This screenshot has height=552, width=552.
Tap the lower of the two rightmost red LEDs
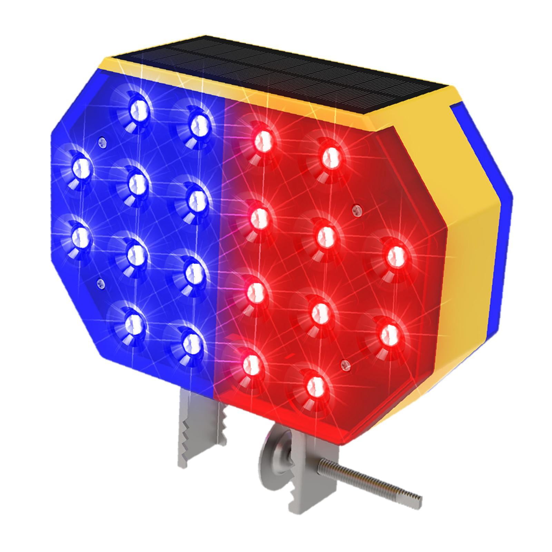390,333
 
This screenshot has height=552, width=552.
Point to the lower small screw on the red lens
345,363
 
